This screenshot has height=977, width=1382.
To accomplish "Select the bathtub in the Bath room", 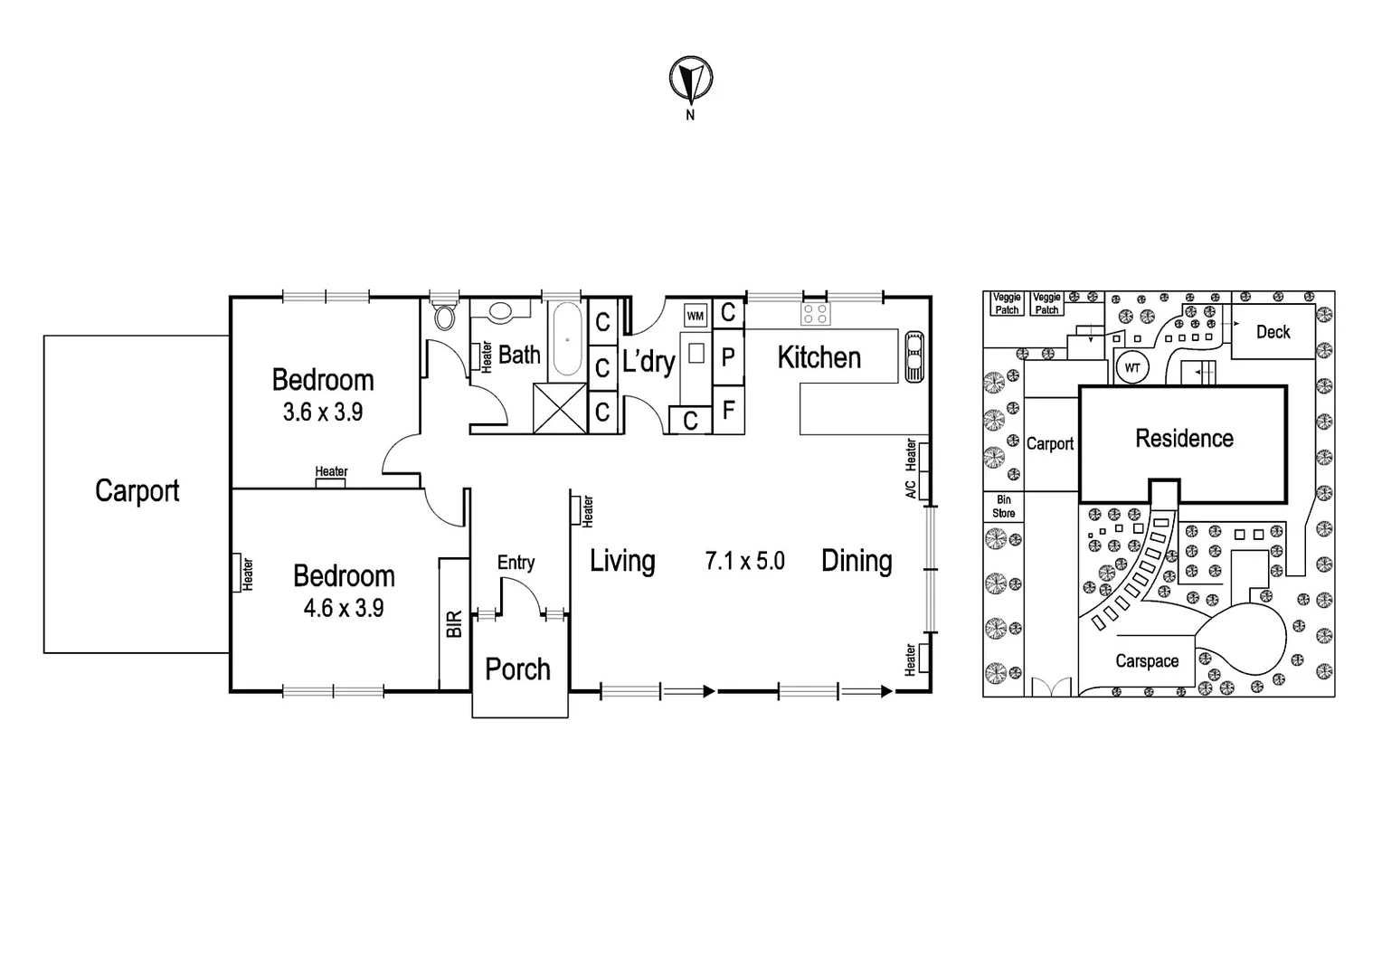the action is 567,339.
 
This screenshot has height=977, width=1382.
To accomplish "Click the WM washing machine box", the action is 695,316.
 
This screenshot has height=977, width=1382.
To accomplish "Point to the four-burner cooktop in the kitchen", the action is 815,314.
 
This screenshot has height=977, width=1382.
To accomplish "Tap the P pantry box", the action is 728,357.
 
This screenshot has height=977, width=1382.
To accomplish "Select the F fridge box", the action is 728,411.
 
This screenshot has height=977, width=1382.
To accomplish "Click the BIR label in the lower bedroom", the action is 454,624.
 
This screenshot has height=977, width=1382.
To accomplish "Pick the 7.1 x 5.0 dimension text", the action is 744,561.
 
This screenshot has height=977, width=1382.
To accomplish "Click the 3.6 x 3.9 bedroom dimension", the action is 323,413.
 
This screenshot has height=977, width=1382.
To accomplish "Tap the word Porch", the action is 517,669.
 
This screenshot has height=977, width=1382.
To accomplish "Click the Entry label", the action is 516,563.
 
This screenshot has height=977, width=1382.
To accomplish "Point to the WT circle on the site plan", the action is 1132,368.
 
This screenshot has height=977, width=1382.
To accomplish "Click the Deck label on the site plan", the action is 1273,332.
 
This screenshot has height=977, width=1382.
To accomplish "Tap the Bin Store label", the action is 1004,507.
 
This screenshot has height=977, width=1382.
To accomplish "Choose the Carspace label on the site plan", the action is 1147,661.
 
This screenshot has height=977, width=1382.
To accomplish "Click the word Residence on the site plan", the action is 1184,439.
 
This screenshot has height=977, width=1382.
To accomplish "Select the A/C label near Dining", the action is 911,488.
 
